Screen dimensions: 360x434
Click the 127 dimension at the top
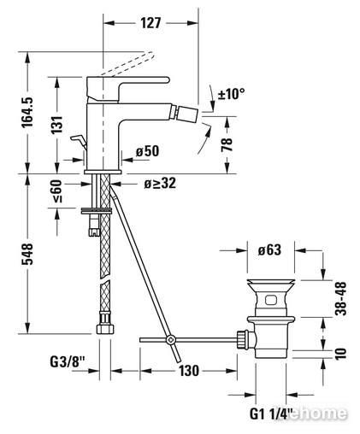(150, 23)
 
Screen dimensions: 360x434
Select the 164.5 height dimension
(27, 112)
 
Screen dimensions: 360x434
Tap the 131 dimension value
(56, 125)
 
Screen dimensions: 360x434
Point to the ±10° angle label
(232, 93)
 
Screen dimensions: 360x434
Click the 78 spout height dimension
(227, 144)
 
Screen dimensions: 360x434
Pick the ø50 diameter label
(147, 151)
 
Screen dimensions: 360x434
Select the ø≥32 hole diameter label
(160, 183)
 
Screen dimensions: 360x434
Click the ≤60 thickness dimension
(56, 191)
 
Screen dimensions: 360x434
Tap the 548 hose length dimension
(27, 254)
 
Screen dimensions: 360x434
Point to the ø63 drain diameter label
(269, 249)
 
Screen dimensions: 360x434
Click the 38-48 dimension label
(341, 298)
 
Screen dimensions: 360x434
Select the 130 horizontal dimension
(189, 371)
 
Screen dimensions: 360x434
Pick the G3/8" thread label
(68, 362)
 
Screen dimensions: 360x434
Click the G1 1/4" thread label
(271, 413)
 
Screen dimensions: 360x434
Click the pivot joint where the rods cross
(171, 339)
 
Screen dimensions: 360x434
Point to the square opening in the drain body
(271, 300)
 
